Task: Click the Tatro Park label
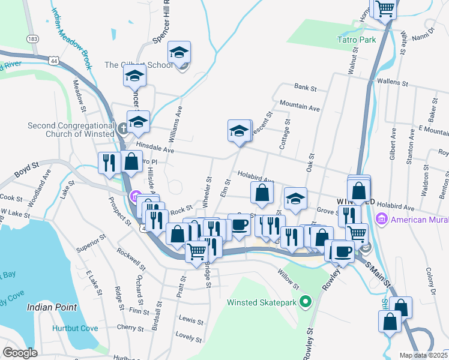[x=355, y=40]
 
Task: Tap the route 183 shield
[x=32, y=38]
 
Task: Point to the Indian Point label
[x=52, y=307]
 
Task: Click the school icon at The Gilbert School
[x=179, y=53]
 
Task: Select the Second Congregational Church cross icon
[x=122, y=128]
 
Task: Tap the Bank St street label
[x=306, y=88]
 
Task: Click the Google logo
[x=20, y=353]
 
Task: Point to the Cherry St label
[x=130, y=328]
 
